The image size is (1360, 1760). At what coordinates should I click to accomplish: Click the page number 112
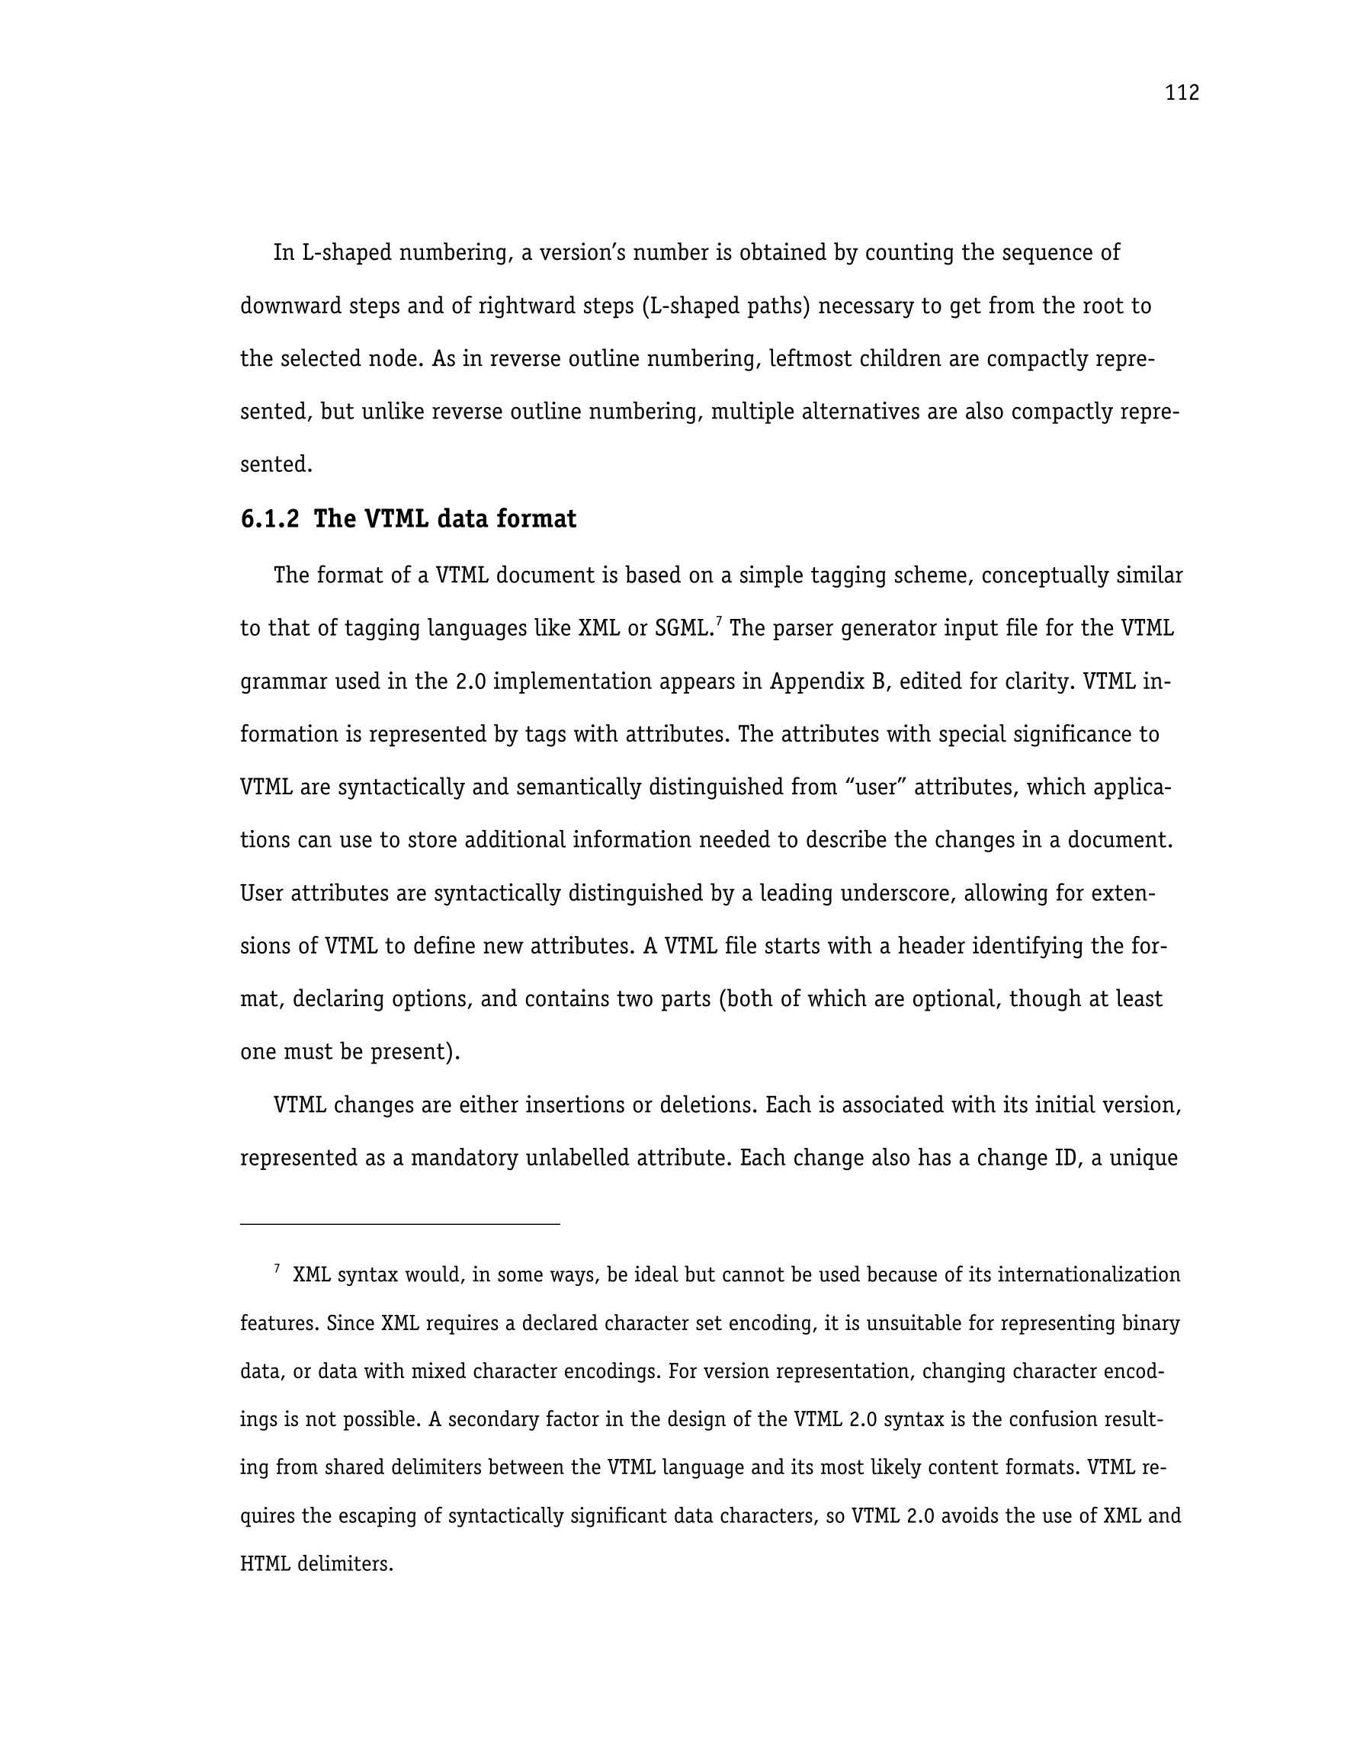click(x=1181, y=94)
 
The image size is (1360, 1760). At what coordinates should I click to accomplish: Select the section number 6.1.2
click(x=269, y=519)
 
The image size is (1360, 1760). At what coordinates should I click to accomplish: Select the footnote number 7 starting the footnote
click(x=277, y=1269)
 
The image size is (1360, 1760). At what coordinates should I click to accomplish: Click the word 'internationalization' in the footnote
click(x=1089, y=1276)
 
